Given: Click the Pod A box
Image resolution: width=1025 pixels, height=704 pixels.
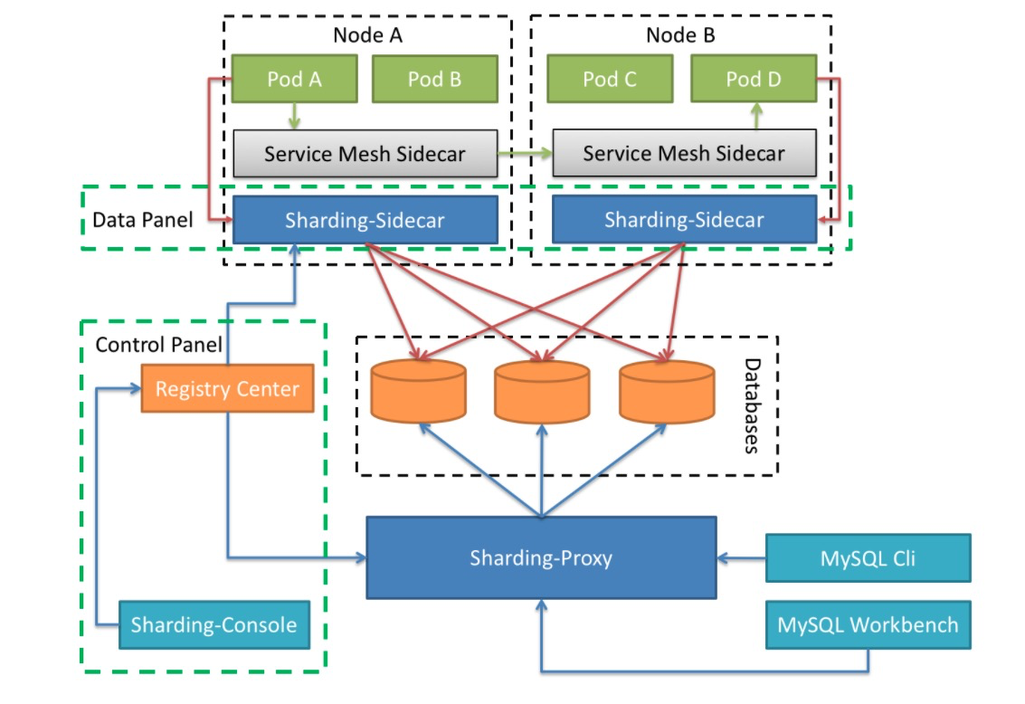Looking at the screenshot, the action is (x=294, y=79).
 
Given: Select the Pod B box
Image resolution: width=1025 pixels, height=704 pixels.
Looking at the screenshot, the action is (x=435, y=79).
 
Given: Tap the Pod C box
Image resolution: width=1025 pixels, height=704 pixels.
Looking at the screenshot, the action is (x=610, y=79).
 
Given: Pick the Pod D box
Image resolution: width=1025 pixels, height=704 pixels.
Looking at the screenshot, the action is (x=754, y=79).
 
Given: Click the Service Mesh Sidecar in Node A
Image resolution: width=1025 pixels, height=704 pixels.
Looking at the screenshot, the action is (x=365, y=154).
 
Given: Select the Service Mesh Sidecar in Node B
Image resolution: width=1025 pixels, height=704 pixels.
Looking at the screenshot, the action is (x=685, y=153).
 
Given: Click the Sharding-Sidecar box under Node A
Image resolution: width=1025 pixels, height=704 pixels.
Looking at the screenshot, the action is (x=365, y=220).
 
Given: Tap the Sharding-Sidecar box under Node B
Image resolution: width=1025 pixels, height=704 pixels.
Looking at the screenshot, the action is (x=685, y=219).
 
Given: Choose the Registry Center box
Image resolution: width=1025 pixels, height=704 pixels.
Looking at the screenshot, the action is (x=227, y=388).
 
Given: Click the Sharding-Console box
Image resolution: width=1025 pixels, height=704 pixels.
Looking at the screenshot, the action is (x=214, y=625).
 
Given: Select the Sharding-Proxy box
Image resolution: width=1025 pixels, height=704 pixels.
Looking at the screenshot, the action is (x=541, y=557).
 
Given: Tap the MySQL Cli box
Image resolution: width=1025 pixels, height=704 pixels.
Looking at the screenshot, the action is (x=868, y=558).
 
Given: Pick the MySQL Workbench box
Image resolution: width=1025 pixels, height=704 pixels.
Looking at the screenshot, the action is (x=868, y=625).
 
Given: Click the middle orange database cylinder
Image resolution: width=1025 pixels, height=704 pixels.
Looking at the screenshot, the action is (x=542, y=391).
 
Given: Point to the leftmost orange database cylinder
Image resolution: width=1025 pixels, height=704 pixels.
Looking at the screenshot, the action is (x=418, y=390).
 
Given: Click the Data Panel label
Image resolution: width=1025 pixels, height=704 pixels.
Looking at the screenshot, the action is (x=143, y=220).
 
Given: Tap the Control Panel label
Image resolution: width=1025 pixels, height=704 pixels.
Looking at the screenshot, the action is (x=159, y=345).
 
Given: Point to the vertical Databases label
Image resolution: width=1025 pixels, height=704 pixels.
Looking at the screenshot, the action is (x=753, y=406).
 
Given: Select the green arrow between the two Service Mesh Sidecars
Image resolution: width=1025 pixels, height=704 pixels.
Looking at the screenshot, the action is (x=525, y=154).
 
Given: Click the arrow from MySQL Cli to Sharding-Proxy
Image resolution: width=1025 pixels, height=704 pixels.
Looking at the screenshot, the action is (x=741, y=558).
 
